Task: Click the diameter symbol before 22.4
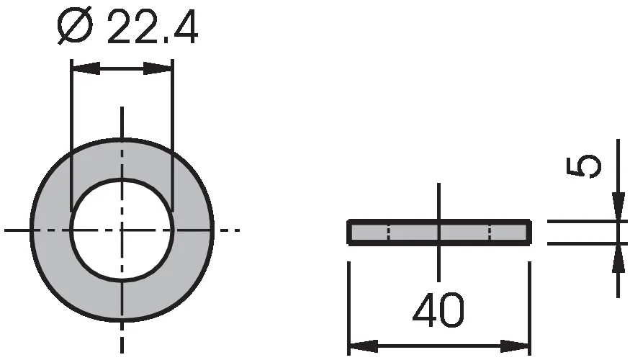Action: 75,27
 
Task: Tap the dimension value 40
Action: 438,310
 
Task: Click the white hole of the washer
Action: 122,230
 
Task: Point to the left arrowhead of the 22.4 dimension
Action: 86,68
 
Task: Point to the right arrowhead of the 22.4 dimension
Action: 158,68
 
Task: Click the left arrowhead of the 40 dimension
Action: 364,346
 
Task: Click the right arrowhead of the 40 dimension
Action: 515,346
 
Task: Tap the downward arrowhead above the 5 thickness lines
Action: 618,207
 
